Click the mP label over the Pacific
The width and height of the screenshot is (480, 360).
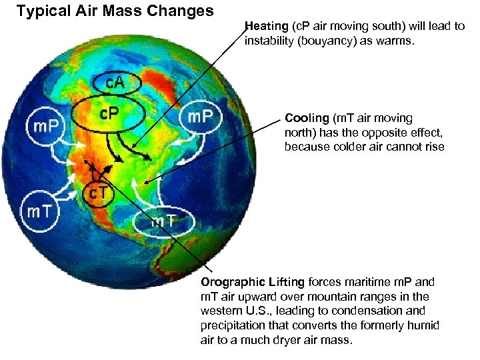pyautogui.click(x=45, y=125)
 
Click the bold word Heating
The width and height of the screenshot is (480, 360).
pyautogui.click(x=266, y=27)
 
